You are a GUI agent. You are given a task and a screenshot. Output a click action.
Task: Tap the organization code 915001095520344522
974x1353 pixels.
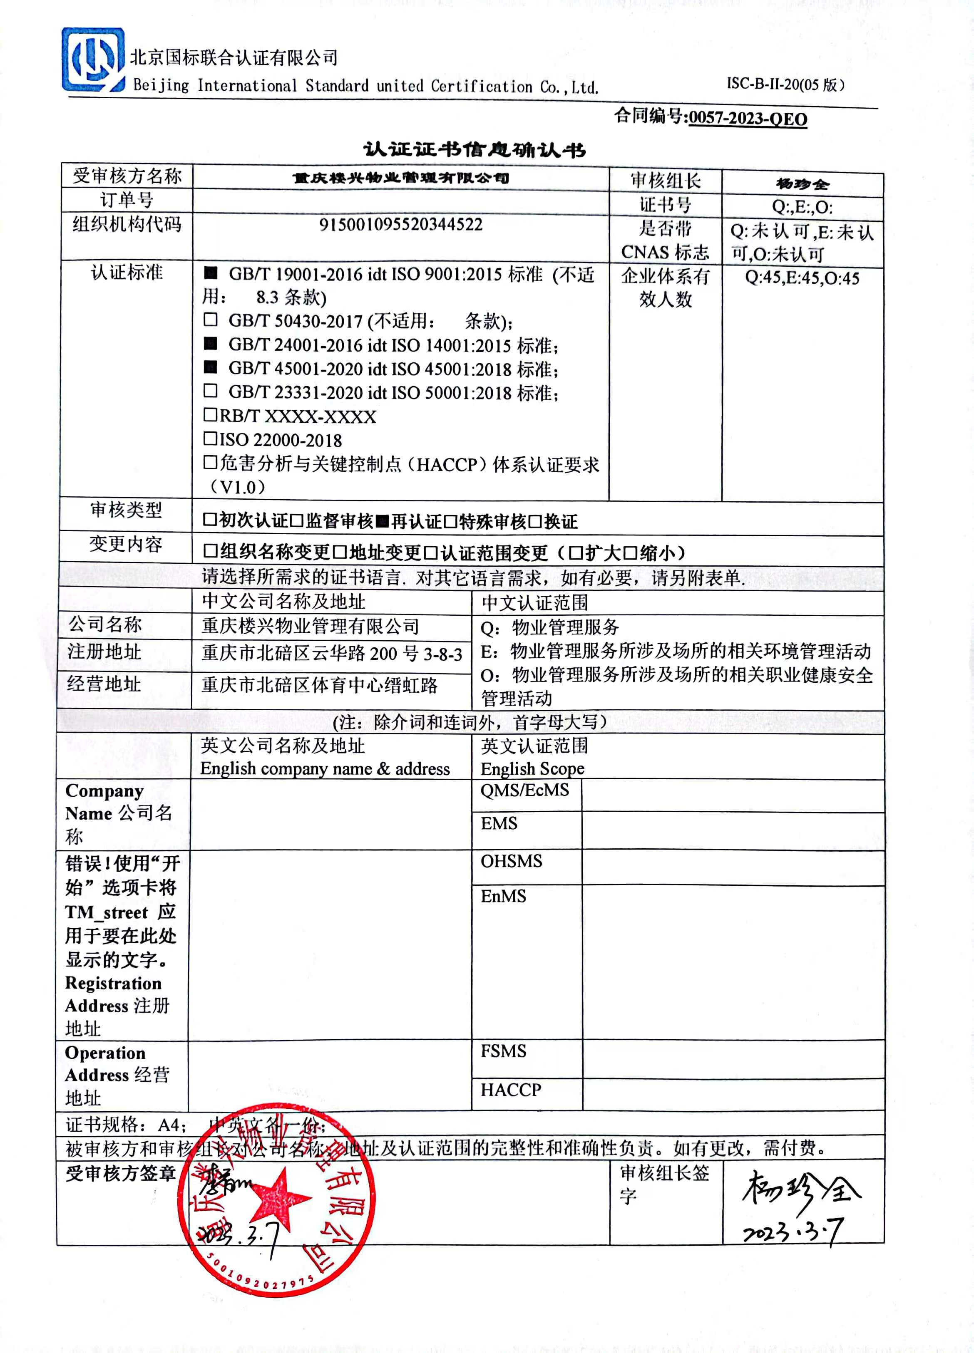tap(400, 225)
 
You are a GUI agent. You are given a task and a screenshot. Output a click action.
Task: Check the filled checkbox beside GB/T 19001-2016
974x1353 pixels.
tap(211, 273)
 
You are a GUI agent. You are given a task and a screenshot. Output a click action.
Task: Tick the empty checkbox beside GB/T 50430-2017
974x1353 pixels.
tap(210, 320)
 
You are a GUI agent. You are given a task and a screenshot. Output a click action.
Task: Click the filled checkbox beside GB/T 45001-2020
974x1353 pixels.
tap(211, 367)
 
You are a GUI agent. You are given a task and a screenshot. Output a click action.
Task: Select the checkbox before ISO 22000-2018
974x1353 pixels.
tap(210, 439)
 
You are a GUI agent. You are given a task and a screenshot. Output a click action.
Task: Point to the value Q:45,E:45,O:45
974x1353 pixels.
tap(802, 278)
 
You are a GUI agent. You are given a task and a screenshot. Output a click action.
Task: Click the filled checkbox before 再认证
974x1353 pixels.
tap(383, 521)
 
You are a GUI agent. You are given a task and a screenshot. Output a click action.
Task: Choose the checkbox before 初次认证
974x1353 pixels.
tap(209, 520)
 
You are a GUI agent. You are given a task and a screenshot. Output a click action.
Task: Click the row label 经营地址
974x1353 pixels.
tap(104, 684)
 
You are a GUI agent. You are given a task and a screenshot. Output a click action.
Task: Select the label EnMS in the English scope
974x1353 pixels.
tap(503, 896)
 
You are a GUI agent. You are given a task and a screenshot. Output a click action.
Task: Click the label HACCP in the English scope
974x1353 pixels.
tap(511, 1090)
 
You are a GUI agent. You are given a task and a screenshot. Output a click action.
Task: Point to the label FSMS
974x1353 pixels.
tap(503, 1051)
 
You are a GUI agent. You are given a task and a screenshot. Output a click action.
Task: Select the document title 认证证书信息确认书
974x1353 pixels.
tap(475, 150)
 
